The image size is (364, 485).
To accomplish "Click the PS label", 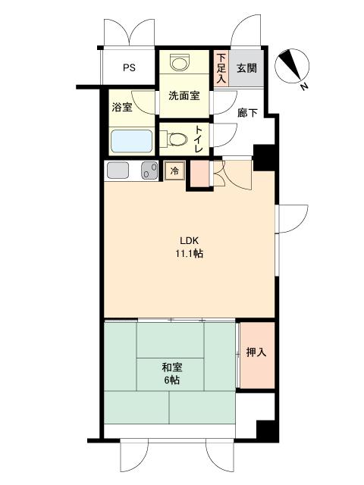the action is point(129,67).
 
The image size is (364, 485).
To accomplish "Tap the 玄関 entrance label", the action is point(246,68).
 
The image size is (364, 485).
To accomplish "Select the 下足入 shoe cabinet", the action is point(221,68).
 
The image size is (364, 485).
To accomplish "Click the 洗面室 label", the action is point(184,95).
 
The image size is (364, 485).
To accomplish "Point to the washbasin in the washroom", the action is point(180,63).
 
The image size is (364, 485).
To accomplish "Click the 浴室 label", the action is point(122,108).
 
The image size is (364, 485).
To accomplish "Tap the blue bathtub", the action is point(131,141).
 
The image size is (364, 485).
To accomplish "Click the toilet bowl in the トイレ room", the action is point(176,139).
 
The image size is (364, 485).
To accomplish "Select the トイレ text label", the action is point(198,139).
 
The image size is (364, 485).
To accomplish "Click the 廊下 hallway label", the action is point(247,113).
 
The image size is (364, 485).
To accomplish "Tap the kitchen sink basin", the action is point(118,171).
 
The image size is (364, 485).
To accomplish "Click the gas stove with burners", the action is point(149,171).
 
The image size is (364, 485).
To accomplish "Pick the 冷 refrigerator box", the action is point(175,171).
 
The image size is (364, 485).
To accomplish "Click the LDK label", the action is point(189,240).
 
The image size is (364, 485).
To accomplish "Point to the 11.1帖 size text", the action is point(190,254).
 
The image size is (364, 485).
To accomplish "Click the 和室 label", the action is point(172,368).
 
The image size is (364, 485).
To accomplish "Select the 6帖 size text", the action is point(172,380).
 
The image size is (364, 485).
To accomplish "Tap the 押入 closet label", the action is point(256,352).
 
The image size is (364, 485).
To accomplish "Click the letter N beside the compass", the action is point(304,86).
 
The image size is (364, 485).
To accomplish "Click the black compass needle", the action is point(290,64).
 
